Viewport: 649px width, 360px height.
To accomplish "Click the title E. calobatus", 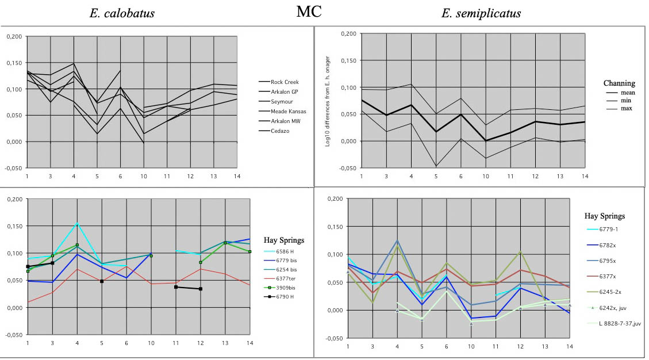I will click(x=122, y=13).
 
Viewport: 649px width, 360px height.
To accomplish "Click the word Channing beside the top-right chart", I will click(x=619, y=83).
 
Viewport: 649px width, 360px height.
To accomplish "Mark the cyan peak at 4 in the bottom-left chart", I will click(x=77, y=223).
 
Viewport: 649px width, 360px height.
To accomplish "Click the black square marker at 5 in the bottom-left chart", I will click(x=102, y=281).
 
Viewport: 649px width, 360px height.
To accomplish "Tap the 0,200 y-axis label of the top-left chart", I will click(x=15, y=37).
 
